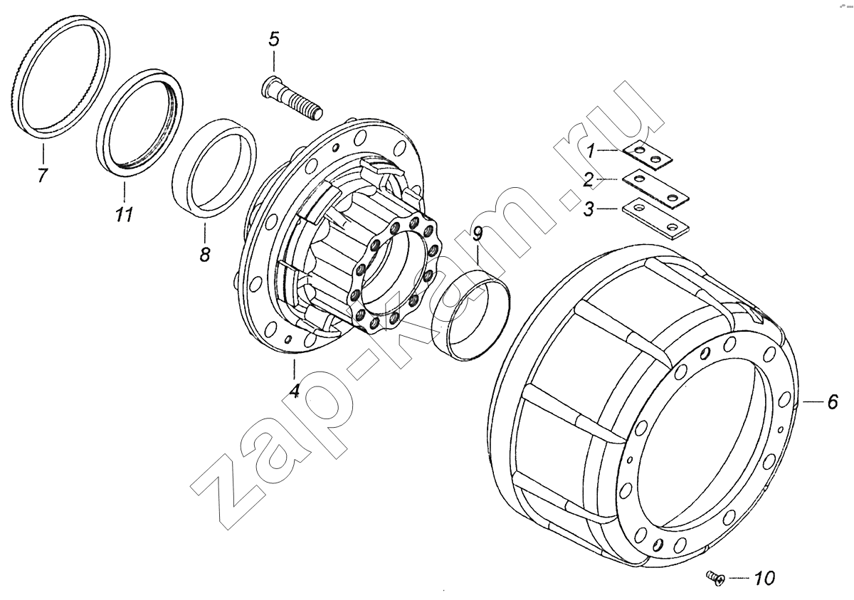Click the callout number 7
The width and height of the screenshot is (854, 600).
(x=42, y=174)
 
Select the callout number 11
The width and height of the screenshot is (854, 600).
(x=125, y=215)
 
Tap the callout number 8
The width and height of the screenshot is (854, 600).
(x=205, y=254)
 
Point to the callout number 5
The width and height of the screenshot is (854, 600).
(x=274, y=39)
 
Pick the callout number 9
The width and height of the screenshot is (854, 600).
(x=477, y=234)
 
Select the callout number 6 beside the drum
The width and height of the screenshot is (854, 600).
(x=832, y=401)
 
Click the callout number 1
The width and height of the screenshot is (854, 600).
(x=590, y=151)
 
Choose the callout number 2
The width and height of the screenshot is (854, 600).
(x=589, y=179)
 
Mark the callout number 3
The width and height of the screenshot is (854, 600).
(x=589, y=209)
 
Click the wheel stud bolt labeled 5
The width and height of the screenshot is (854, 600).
(x=292, y=99)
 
